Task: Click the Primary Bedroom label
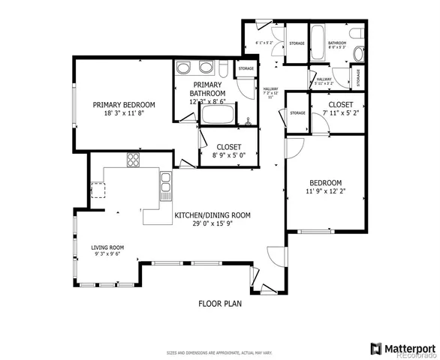click(124, 105)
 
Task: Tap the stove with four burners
click(134, 159)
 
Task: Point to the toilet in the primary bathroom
click(223, 71)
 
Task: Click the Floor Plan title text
click(220, 304)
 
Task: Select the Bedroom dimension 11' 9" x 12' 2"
click(325, 192)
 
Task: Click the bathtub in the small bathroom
click(318, 37)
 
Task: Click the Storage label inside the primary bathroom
click(246, 68)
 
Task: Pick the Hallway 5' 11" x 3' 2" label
click(324, 81)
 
